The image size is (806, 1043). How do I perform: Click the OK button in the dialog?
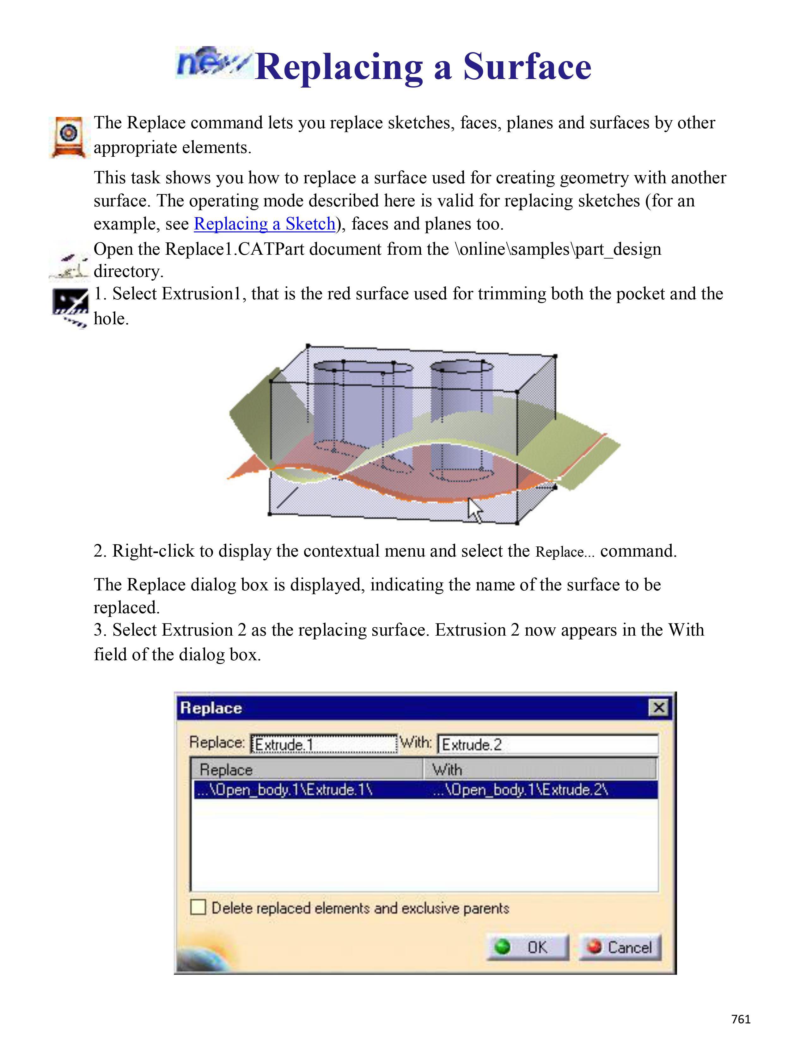point(528,947)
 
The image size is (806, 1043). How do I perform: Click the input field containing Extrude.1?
point(324,744)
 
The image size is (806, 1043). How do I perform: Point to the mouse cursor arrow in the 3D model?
point(474,510)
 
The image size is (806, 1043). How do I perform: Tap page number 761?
point(741,1019)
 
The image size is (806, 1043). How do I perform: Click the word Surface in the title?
point(527,67)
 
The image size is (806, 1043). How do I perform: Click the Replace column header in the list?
point(308,769)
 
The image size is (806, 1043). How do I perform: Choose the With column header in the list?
point(540,769)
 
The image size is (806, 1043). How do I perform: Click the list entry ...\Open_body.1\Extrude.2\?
point(521,790)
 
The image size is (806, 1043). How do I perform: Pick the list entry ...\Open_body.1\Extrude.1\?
point(284,790)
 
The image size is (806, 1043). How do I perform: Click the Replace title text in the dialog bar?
point(211,708)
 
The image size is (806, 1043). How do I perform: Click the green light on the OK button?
point(502,947)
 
